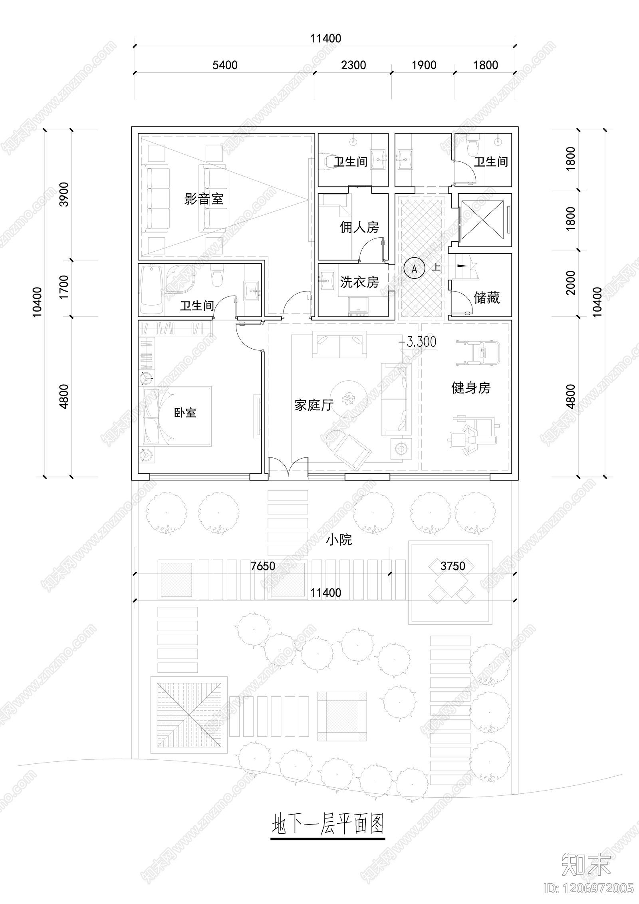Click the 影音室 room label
204,199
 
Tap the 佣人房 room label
359,228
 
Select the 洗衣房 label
359,282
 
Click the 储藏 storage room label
486,298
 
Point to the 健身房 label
470,387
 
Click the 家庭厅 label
314,405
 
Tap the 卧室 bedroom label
185,412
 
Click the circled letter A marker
414,269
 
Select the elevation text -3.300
418,342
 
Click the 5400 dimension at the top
225,65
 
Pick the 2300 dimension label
353,65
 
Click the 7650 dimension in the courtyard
262,566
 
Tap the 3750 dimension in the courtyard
452,566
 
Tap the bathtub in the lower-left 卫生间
151,289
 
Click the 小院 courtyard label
339,540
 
